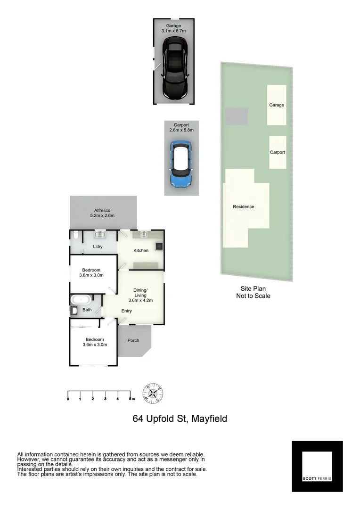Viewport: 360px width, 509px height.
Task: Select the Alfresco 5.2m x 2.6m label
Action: (102, 213)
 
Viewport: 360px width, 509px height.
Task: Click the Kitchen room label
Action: (141, 250)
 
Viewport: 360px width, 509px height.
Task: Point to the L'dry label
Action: (98, 247)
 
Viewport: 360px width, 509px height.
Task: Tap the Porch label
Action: (133, 340)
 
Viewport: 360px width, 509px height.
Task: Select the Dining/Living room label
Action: (140, 295)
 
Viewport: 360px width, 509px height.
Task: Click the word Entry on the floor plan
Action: (126, 311)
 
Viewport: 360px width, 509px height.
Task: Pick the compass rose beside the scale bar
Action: (153, 393)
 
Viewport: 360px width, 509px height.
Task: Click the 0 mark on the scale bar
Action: (68, 399)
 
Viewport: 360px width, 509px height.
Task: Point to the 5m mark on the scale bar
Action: (131, 399)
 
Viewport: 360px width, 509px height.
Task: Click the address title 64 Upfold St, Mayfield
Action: (180, 419)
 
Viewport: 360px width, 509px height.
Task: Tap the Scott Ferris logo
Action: (317, 467)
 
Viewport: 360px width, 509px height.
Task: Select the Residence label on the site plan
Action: (244, 206)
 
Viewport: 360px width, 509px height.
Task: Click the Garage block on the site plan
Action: (277, 105)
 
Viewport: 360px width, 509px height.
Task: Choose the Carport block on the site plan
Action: (277, 152)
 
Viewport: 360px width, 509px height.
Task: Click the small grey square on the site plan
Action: (237, 116)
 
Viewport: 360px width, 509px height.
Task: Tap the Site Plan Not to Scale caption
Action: (253, 293)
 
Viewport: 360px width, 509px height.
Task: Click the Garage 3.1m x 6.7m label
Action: (174, 28)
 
